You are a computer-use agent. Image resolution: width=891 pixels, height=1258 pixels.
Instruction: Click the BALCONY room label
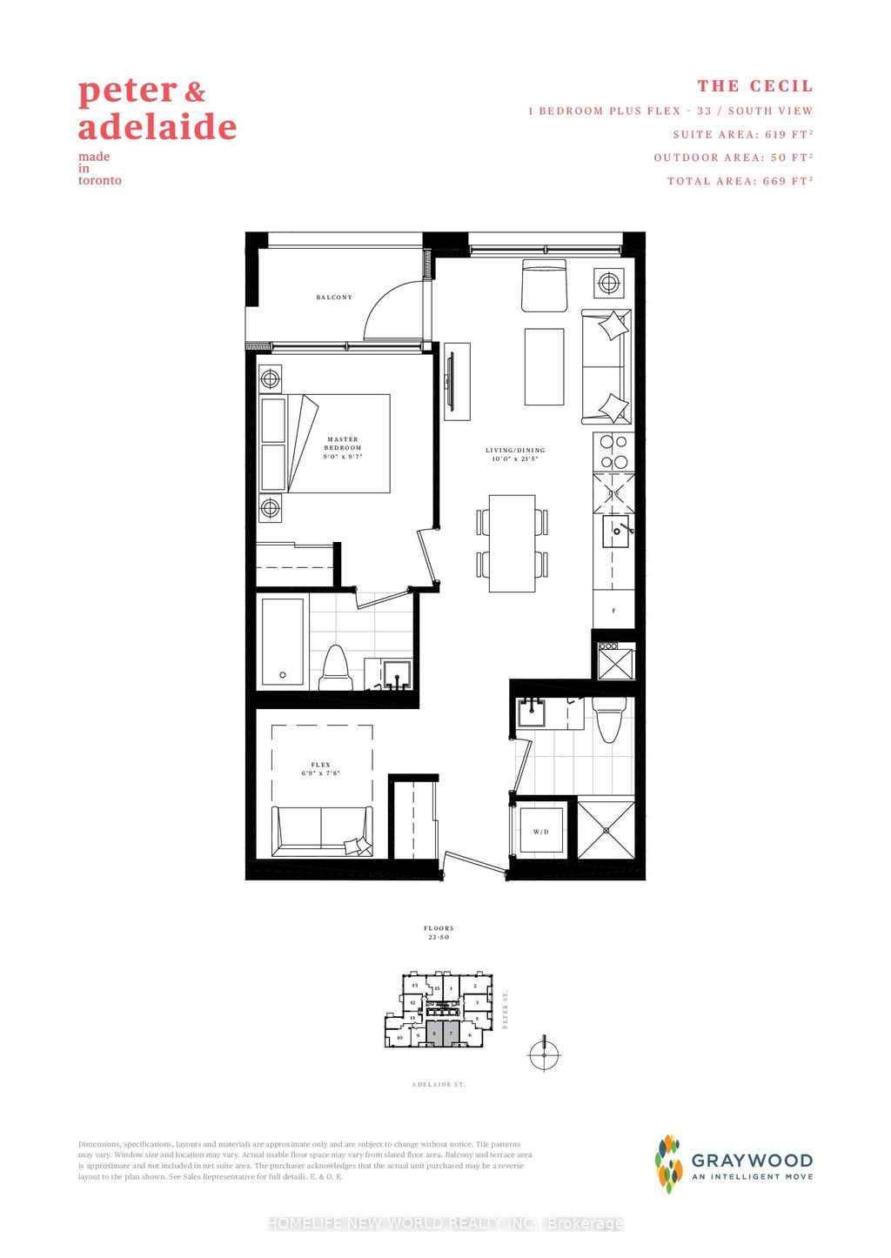click(334, 298)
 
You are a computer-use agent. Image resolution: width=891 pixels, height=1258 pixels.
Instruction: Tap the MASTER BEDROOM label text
click(342, 444)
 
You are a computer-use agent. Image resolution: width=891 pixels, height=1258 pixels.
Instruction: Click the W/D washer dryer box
click(541, 832)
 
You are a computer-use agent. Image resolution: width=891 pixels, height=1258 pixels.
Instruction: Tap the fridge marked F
click(613, 610)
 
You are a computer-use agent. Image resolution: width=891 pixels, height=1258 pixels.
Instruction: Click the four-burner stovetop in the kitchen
click(613, 452)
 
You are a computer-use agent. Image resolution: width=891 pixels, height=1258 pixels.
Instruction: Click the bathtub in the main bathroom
click(283, 641)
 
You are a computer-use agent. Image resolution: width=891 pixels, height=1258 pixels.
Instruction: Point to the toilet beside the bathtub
click(335, 667)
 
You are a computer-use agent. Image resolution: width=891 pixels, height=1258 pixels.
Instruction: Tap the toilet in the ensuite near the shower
click(606, 719)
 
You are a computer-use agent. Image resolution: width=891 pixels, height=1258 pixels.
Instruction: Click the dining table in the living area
click(512, 544)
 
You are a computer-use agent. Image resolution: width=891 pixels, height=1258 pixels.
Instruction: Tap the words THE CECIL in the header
click(754, 86)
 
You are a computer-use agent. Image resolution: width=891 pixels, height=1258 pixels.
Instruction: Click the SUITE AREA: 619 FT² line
click(742, 134)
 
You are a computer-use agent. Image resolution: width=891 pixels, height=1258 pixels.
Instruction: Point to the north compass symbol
click(544, 1054)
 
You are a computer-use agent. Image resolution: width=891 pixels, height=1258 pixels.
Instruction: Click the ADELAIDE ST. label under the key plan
click(439, 1084)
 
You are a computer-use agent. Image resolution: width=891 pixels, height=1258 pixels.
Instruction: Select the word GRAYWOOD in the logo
click(752, 1160)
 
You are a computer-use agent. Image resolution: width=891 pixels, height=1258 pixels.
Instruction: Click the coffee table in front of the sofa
click(544, 366)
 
